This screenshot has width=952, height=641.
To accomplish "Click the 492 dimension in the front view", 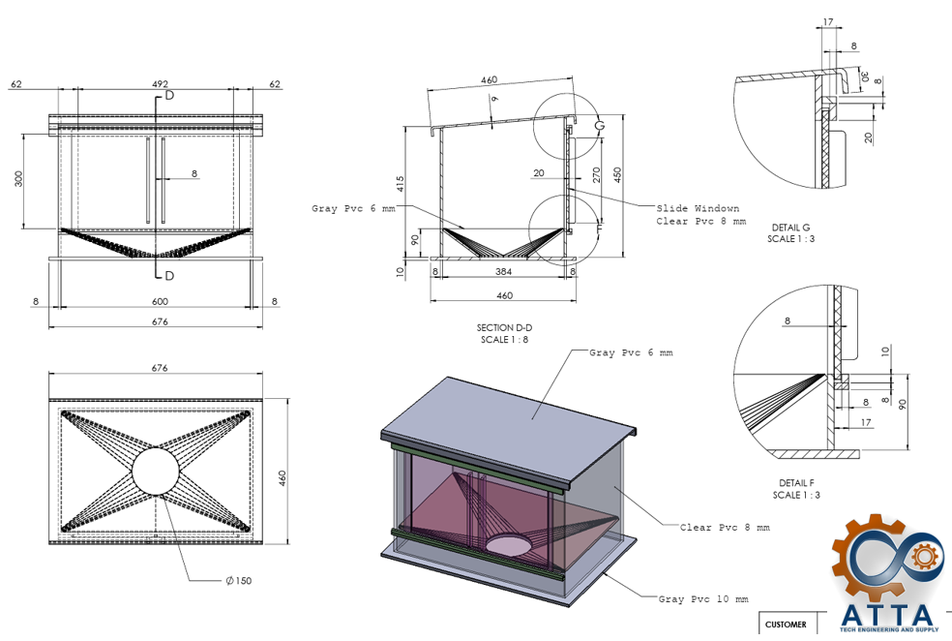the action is (160, 84).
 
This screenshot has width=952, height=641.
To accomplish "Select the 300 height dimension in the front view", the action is (18, 178).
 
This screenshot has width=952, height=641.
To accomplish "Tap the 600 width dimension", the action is (160, 301).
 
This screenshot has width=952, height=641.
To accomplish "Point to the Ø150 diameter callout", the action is (238, 580).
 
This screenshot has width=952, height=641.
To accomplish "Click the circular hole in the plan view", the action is (156, 472).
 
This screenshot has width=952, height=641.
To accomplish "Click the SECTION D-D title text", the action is (504, 327).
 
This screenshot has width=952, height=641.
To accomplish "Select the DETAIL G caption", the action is (790, 228).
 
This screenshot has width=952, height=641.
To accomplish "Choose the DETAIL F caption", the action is (796, 483).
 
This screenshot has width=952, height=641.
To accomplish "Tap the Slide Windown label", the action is (698, 208).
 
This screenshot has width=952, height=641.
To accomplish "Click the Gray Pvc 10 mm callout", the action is (703, 599).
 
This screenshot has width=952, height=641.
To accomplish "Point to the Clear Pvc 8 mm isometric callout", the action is (725, 528).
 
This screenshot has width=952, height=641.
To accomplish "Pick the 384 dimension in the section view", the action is (503, 271).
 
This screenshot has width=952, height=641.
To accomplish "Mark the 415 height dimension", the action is (401, 184).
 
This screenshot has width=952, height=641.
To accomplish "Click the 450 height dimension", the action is (618, 175).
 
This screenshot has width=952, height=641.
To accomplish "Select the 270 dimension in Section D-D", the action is (596, 175).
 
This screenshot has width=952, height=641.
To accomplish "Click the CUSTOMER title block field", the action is (786, 625).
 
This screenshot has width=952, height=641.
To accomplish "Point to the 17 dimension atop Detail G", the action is (828, 22).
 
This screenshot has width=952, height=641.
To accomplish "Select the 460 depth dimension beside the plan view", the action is (283, 478).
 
